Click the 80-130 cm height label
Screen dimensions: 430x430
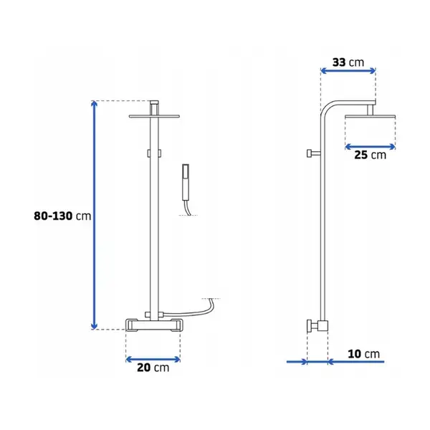(x=62, y=216)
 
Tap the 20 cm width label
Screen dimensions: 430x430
(x=153, y=368)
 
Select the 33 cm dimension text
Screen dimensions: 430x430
(x=348, y=62)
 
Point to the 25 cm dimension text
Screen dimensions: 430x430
(x=370, y=155)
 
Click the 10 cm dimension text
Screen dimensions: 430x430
(x=363, y=354)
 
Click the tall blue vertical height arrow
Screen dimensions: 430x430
(x=94, y=215)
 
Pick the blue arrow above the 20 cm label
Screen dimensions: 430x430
(x=153, y=359)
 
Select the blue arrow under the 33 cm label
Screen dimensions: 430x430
(x=348, y=71)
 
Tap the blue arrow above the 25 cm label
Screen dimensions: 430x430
(x=370, y=147)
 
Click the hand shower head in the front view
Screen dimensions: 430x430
(x=186, y=182)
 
